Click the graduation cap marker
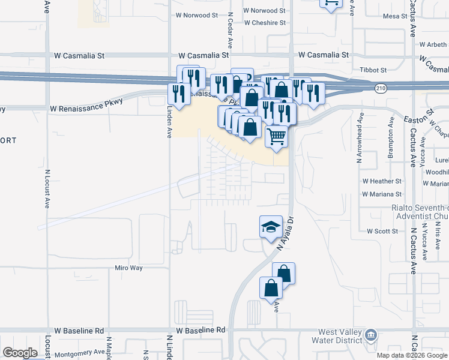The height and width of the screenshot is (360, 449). pyautogui.click(x=271, y=227)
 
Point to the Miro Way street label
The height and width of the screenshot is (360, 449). pyautogui.click(x=129, y=268)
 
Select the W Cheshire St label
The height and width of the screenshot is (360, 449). pyautogui.click(x=265, y=23)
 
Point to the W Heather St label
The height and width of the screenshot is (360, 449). pyautogui.click(x=382, y=181)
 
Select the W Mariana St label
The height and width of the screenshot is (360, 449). pyautogui.click(x=382, y=194)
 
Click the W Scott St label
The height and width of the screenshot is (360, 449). pyautogui.click(x=382, y=231)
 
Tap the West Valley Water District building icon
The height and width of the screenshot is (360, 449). pyautogui.click(x=371, y=334)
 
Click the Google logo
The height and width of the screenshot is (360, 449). pyautogui.click(x=20, y=353)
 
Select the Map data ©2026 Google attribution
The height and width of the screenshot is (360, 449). pyautogui.click(x=411, y=355)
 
